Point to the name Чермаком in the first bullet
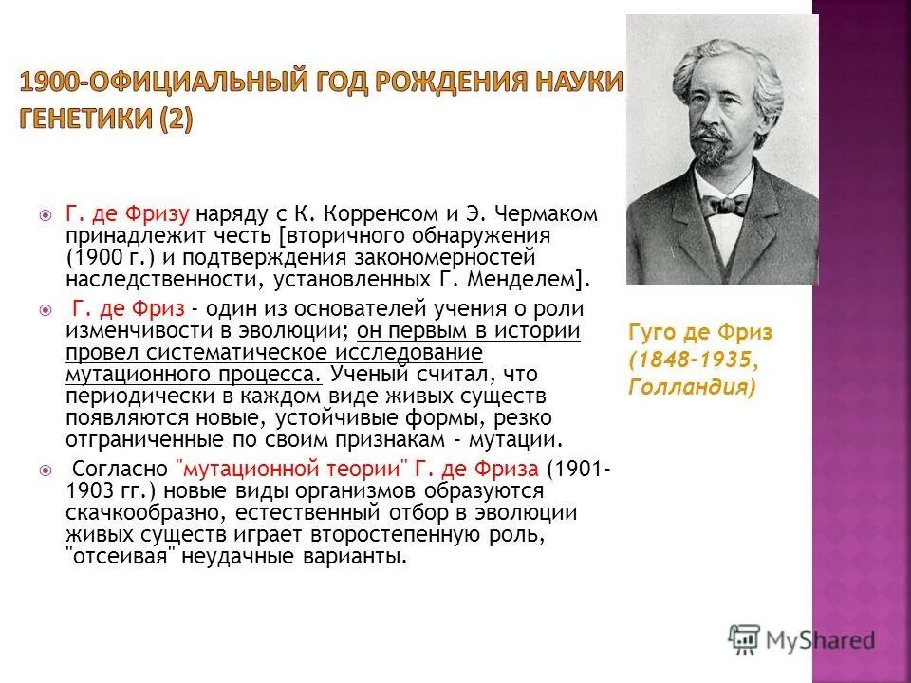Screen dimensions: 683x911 click(551, 214)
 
